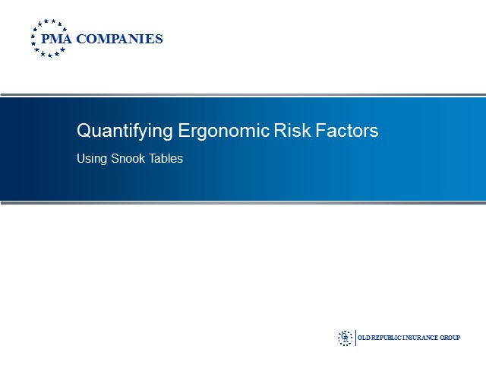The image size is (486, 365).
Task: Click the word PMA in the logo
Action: point(56,40)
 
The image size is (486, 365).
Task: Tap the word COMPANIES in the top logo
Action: point(119,40)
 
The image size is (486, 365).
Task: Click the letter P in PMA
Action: point(46,40)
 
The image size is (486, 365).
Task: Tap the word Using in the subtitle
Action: point(92,160)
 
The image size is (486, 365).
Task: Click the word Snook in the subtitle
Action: point(129,159)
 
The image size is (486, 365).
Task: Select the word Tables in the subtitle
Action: point(166,159)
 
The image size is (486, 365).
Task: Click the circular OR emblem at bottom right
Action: point(346,337)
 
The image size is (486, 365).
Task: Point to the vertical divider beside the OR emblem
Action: point(355,337)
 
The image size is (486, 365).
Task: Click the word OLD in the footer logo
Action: point(365,338)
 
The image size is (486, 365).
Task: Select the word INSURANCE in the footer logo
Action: point(425,338)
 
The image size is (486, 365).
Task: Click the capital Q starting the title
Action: point(84,131)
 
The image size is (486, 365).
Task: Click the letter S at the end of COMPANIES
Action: point(159,40)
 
